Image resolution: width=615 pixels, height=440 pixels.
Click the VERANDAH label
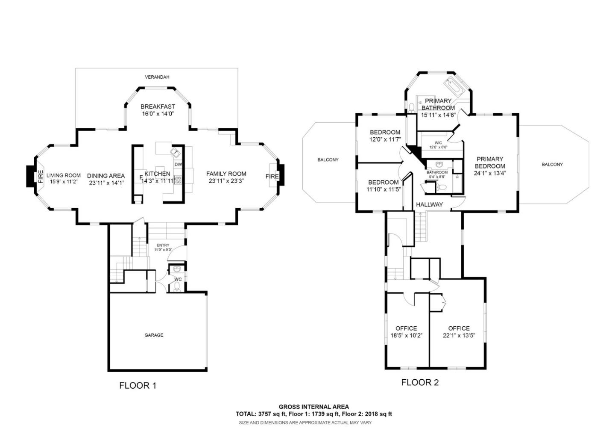(x=157, y=77)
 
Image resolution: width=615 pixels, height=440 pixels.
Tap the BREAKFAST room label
(x=158, y=106)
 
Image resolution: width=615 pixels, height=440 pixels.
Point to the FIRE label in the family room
(x=272, y=176)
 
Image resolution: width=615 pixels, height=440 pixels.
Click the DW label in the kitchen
(x=178, y=165)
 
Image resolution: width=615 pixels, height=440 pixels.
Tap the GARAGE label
(x=154, y=335)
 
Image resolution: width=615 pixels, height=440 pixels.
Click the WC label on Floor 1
(x=178, y=279)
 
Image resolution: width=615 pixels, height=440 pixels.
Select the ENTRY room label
(x=163, y=245)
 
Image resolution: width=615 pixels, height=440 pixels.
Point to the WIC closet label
(x=438, y=143)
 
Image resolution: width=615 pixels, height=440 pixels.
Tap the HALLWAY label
(x=429, y=204)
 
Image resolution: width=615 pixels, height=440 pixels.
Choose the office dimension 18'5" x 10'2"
(x=406, y=336)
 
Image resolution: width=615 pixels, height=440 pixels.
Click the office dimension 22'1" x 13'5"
(x=459, y=336)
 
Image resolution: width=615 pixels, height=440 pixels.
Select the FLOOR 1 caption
(x=138, y=386)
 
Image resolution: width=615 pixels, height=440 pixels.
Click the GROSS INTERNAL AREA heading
(x=313, y=407)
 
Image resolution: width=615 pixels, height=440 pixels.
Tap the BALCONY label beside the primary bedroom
(x=552, y=164)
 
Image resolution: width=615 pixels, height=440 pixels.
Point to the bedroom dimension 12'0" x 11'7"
(x=385, y=139)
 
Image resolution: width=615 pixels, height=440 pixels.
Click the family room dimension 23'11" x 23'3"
(x=226, y=181)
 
